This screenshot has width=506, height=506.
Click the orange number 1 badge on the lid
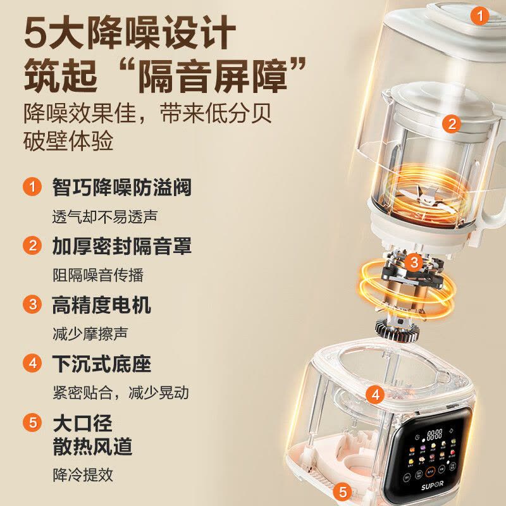[x=479, y=16]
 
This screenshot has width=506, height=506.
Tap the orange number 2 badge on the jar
[x=452, y=124]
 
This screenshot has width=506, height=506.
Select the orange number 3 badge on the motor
[x=414, y=262]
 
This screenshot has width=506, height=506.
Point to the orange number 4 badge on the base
[x=375, y=395]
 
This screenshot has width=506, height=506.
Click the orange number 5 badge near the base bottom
[x=343, y=492]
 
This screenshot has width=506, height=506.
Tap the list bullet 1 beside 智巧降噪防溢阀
[x=32, y=187]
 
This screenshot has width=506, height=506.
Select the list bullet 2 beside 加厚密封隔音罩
[x=32, y=245]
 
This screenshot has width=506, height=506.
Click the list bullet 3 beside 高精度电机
[x=32, y=304]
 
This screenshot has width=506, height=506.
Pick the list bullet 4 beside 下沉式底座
[x=32, y=363]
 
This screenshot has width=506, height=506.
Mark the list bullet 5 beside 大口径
[x=32, y=422]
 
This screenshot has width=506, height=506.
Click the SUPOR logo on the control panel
[x=432, y=484]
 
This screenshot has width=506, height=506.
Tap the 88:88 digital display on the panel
[x=435, y=435]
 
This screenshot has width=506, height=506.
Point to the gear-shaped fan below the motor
[x=397, y=329]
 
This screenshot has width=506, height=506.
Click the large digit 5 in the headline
[x=37, y=33]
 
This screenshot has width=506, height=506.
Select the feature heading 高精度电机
[x=101, y=305]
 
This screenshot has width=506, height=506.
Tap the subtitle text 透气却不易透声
[x=104, y=216]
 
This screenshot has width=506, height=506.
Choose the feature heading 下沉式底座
[x=101, y=364]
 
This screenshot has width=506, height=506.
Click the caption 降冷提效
[x=83, y=475]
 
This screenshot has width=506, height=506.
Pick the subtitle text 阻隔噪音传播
[x=98, y=275]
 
